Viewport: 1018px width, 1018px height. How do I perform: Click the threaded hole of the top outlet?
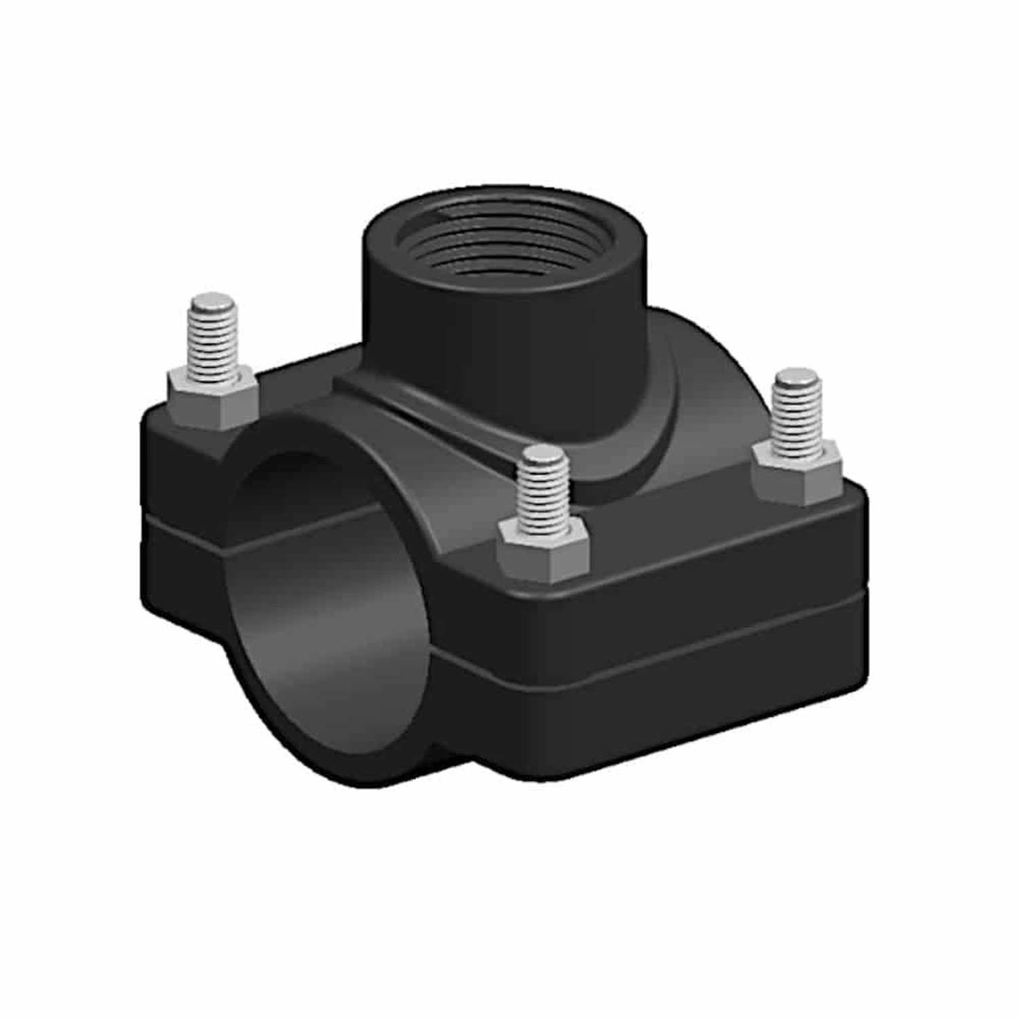click(x=506, y=241)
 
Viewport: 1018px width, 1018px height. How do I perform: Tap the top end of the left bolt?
click(x=211, y=301)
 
